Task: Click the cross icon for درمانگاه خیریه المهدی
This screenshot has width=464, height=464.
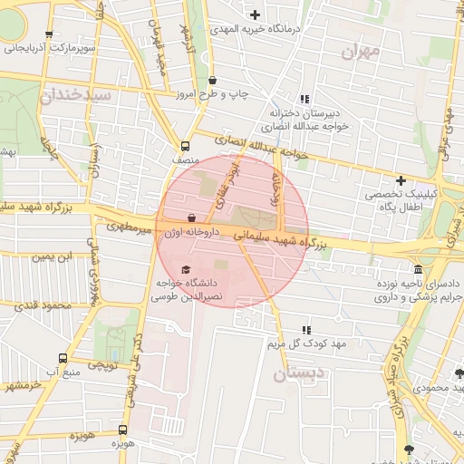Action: [255, 14]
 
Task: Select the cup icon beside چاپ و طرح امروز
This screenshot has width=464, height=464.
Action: [212, 80]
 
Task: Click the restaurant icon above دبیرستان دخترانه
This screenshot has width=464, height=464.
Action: [305, 98]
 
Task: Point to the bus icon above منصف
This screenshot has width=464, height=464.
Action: [186, 146]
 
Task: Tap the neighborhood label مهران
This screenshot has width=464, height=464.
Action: [361, 51]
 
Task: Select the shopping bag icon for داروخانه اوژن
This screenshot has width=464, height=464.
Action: [191, 218]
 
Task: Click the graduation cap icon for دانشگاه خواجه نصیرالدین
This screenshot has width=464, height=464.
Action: [186, 270]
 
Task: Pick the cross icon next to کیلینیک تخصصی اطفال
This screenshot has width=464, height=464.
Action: [400, 180]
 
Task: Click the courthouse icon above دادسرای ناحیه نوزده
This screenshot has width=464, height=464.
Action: [417, 270]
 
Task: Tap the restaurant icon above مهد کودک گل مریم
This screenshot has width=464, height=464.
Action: [305, 330]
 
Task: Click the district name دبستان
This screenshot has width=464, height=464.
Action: [295, 372]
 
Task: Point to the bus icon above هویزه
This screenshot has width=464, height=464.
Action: [123, 430]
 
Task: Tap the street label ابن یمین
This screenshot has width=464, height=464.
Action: [51, 257]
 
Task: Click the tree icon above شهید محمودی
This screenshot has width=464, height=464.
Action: [459, 372]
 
